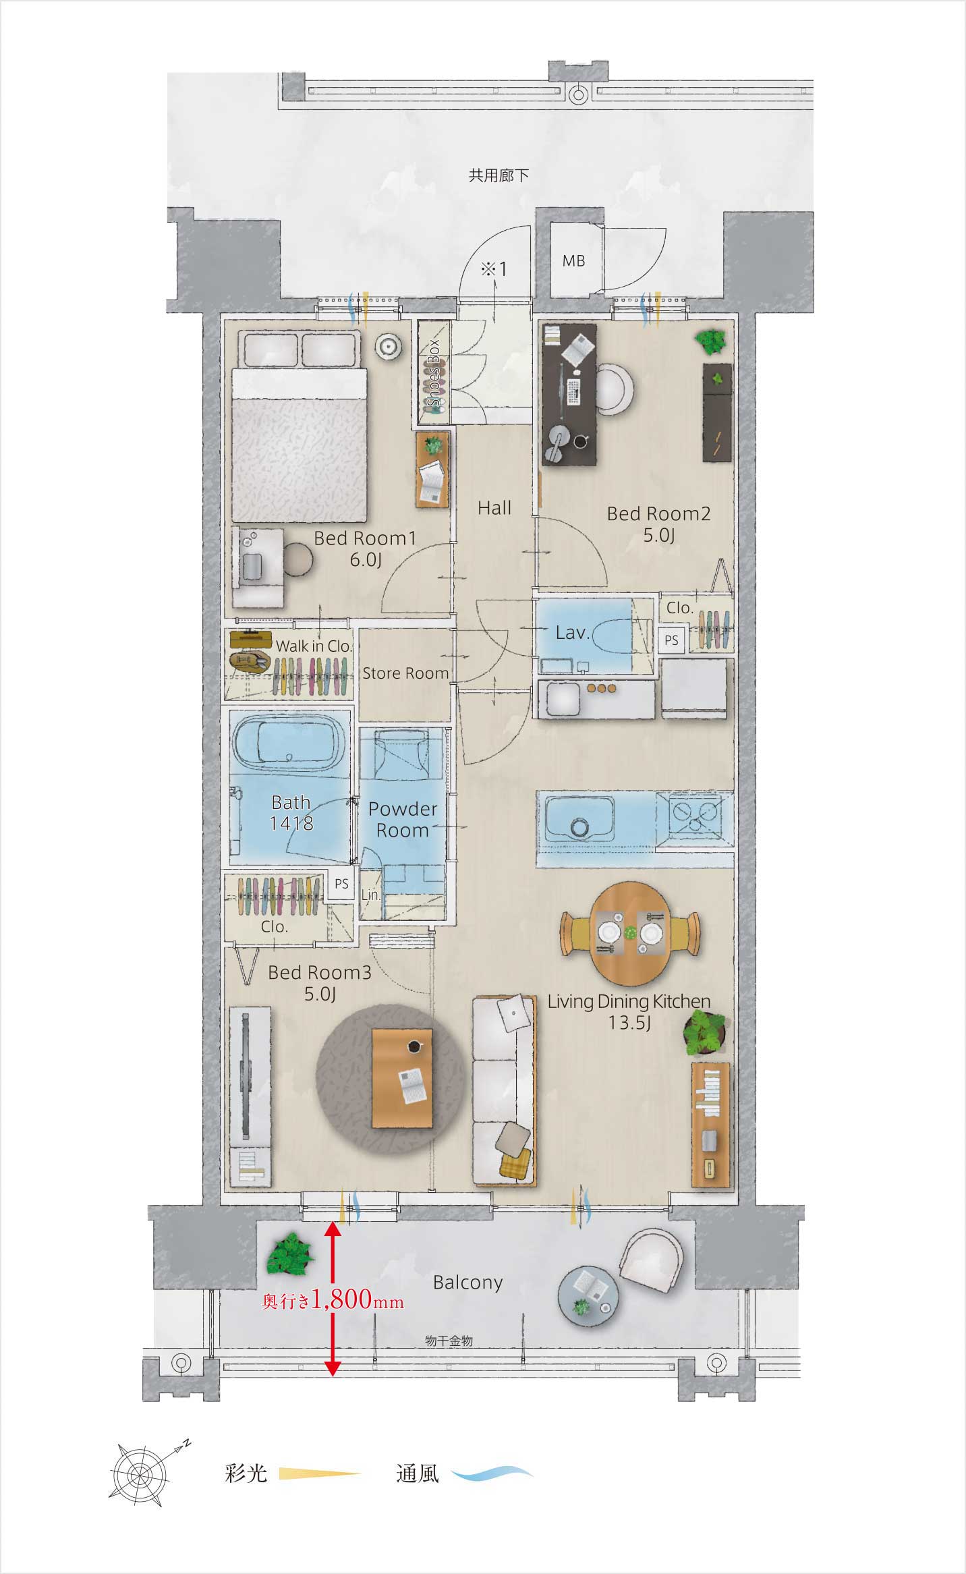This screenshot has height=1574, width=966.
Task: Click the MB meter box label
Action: pyautogui.click(x=573, y=260)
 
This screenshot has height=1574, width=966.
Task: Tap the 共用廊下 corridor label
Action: pyautogui.click(x=499, y=176)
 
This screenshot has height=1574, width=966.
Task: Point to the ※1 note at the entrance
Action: pyautogui.click(x=493, y=269)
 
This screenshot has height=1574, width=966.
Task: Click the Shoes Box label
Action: pyautogui.click(x=434, y=373)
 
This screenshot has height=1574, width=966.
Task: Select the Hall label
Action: pyautogui.click(x=494, y=508)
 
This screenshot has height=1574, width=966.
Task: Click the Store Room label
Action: pyautogui.click(x=405, y=673)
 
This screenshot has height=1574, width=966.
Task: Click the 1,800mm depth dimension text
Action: pyautogui.click(x=357, y=1299)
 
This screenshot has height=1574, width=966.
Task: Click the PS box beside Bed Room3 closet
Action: pyautogui.click(x=342, y=884)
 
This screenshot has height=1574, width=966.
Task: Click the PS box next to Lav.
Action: pyautogui.click(x=671, y=640)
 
